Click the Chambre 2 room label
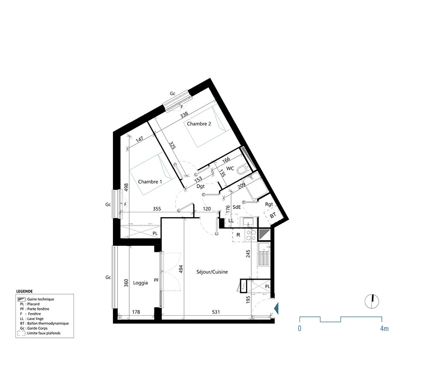199,124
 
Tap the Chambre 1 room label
150,182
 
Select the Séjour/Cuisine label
212,272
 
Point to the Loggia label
140,283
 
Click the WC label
230,168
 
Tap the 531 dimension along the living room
216,312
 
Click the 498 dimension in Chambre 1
126,189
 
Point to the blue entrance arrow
276,307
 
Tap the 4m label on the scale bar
384,329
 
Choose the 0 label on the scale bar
300,329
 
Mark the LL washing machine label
231,221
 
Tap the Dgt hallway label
200,186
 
